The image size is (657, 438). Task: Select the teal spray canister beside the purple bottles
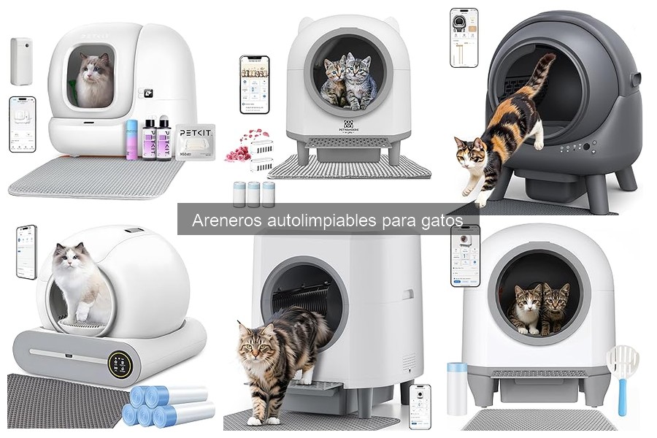coord(132,139)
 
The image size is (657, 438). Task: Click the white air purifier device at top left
coord(20,61)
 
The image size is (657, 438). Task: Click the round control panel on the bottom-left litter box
coord(120,364)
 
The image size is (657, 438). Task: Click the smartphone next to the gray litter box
coord(464,37)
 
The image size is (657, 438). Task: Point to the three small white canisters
coord(253,194)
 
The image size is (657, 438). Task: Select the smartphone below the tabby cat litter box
coord(420,406)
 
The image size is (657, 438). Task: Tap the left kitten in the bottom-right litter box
coord(526,308)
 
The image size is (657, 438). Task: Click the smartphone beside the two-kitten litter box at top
coord(254,84)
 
